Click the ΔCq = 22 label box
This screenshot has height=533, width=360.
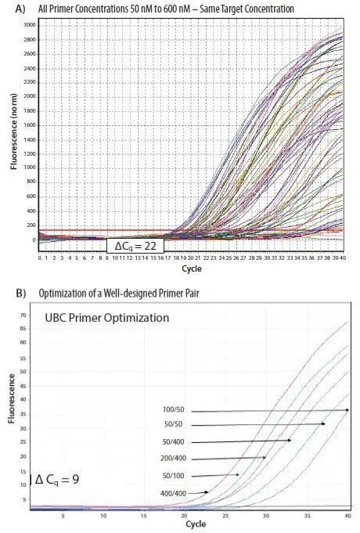pyautogui.click(x=134, y=246)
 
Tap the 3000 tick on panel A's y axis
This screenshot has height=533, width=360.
pyautogui.click(x=28, y=25)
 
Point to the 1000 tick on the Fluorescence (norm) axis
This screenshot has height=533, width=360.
pyautogui.click(x=28, y=167)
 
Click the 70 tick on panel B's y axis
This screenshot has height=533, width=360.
pyautogui.click(x=23, y=315)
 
